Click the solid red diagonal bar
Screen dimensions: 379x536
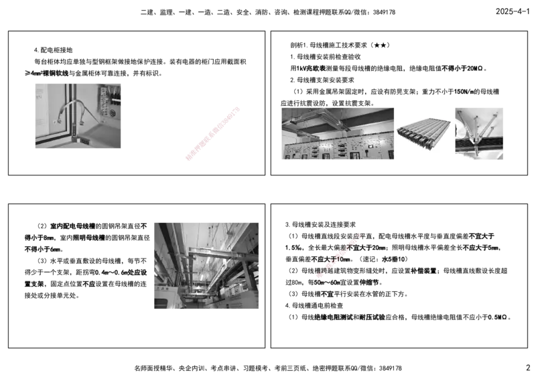click(212, 133)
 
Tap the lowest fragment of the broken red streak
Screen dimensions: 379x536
click(321, 275)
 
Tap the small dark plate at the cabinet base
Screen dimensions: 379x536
click(80, 141)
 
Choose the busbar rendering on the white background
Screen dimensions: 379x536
click(425, 134)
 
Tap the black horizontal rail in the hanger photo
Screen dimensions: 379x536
click(490, 145)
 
